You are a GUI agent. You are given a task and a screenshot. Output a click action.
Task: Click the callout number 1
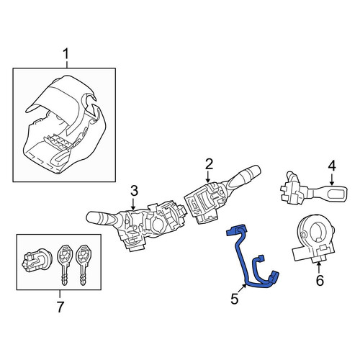[x=66, y=54]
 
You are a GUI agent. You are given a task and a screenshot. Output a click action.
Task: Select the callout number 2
[x=209, y=164]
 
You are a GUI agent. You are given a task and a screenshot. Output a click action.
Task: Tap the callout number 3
[x=134, y=191]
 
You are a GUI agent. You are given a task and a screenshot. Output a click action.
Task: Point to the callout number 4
[x=332, y=166]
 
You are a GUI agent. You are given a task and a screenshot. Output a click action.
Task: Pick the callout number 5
[x=235, y=299]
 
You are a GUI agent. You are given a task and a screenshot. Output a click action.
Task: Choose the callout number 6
[x=320, y=280]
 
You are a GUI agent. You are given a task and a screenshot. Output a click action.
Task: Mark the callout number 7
[x=60, y=307]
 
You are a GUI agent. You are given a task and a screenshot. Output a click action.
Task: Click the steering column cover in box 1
[x=65, y=125]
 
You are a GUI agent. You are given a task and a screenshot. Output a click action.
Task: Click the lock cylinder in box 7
[x=36, y=261]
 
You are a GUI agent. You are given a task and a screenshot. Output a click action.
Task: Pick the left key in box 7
[x=64, y=264]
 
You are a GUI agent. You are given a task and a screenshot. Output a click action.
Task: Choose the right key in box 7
[x=83, y=264]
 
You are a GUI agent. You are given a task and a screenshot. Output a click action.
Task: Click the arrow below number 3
[x=133, y=203]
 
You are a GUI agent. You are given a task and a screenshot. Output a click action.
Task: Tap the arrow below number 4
[x=332, y=179]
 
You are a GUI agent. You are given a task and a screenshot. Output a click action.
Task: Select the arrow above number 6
[x=319, y=268]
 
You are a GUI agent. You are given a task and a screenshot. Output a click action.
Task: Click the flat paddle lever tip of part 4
[x=336, y=194]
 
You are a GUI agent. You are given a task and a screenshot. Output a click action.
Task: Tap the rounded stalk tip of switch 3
[x=91, y=217]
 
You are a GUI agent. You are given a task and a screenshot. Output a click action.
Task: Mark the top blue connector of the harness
[x=236, y=229]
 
